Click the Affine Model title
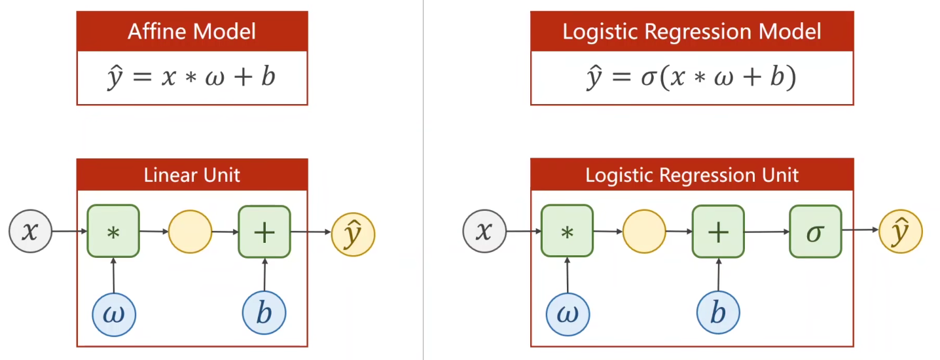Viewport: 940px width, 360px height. [x=192, y=31]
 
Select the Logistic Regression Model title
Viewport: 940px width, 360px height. [x=691, y=32]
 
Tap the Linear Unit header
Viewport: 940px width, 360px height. [x=192, y=175]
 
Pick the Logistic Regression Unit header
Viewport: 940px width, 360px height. [x=691, y=175]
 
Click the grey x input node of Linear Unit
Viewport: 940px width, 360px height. [x=31, y=231]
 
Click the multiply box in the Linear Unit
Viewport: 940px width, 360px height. [x=113, y=231]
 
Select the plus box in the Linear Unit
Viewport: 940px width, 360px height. [x=264, y=232]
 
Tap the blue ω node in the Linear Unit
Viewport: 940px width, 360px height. [x=114, y=314]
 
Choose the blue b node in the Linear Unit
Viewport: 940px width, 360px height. [x=264, y=313]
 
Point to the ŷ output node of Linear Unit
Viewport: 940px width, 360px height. [x=353, y=234]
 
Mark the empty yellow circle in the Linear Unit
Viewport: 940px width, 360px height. [x=190, y=232]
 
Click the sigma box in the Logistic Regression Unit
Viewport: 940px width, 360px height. [x=816, y=231]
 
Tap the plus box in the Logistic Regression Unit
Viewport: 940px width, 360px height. [x=718, y=231]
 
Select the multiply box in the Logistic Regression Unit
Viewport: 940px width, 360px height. [x=567, y=231]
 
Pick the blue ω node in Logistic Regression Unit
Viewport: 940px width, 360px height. [x=568, y=314]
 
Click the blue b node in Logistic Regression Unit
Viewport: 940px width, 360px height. [x=718, y=313]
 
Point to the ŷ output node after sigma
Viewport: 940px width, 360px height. [x=901, y=231]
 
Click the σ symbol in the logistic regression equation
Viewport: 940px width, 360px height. [x=649, y=78]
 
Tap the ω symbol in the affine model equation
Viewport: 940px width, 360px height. [x=215, y=78]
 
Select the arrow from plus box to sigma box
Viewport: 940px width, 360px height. [x=767, y=232]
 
